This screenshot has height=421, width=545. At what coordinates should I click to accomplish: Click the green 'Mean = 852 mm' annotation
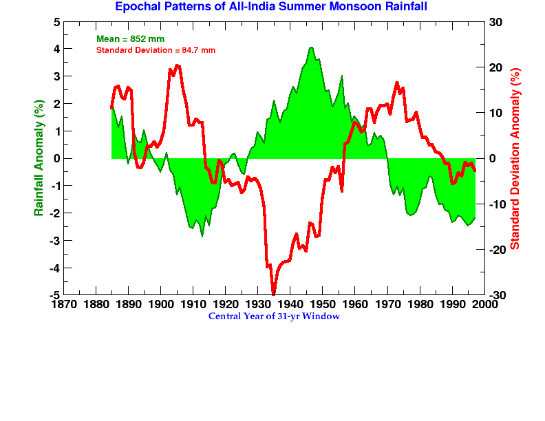coord(130,39)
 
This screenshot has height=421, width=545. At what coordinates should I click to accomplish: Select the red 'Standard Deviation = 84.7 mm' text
coord(156,50)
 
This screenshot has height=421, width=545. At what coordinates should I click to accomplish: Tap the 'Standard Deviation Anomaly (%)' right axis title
coord(515,159)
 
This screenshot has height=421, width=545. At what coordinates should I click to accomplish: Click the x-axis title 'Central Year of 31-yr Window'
coord(274,316)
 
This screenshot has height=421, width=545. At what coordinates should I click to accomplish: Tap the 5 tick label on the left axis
coord(56,22)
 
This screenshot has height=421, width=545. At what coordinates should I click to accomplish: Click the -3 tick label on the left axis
coord(54,241)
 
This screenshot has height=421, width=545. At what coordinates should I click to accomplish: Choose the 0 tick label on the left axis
coord(56,158)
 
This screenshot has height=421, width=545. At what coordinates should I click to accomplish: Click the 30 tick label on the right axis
coord(495,22)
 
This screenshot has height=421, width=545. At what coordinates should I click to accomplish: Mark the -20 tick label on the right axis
coord(498,250)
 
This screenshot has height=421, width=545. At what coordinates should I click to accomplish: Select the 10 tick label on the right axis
coord(495,113)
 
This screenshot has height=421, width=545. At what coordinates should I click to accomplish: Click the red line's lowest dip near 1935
coord(273,292)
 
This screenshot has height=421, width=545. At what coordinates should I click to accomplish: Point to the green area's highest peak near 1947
coord(312,47)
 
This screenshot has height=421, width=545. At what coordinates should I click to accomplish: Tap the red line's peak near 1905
coord(177,65)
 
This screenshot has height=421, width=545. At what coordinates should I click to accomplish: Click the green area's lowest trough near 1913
coord(202,236)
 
